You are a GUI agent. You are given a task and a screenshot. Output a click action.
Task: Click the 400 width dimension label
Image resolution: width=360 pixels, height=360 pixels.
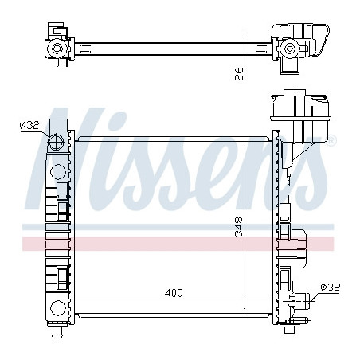tap(174, 293)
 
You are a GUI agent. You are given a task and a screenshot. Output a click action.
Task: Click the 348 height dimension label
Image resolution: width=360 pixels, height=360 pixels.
tap(239, 226)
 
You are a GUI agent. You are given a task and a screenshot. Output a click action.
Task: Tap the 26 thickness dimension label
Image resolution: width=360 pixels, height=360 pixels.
tap(239, 74)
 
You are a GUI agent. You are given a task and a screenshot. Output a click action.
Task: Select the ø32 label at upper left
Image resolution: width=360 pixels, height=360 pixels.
tap(29, 125)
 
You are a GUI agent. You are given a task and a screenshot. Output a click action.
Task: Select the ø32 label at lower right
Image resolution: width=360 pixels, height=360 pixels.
tap(331, 288)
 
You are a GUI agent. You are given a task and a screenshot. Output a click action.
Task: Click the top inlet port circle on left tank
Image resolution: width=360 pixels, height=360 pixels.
tap(56, 143)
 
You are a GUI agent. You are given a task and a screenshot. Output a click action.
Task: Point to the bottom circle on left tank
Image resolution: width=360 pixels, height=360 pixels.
tap(58, 308)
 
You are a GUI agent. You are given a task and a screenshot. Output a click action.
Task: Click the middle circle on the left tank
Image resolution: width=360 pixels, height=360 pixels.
tap(58, 172)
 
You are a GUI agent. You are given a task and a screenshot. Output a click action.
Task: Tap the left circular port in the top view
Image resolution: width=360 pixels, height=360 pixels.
tap(57, 49)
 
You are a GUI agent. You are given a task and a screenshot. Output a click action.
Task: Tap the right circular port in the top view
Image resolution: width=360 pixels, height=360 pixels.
tap(289, 49)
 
